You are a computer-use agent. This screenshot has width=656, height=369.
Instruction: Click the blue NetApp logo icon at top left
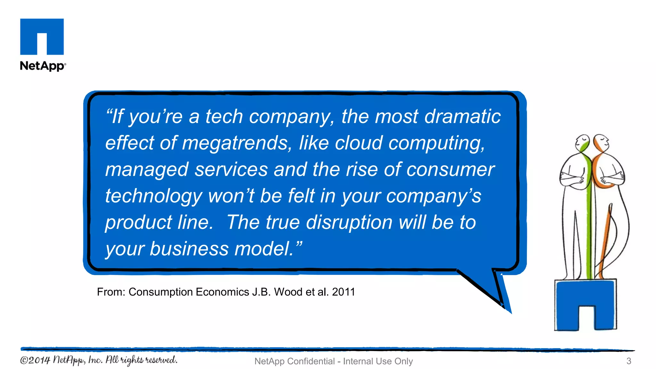pos(42,37)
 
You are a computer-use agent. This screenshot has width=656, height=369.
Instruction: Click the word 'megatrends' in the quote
pos(236,143)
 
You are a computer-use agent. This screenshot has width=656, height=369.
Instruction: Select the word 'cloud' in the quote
pos(358,143)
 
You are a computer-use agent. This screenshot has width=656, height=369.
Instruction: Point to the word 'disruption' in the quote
pos(349,222)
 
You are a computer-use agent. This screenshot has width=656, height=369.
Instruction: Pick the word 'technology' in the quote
pos(153,196)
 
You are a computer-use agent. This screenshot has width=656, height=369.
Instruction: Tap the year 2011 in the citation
pos(343,292)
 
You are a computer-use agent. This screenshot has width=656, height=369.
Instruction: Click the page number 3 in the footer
pos(628,361)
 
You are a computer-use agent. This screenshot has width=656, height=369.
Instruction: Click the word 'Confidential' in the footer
pos(310,361)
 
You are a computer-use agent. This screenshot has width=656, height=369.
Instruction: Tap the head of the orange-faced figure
pos(600,142)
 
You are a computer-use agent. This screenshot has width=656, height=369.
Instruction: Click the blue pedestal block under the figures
pos(585,304)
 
